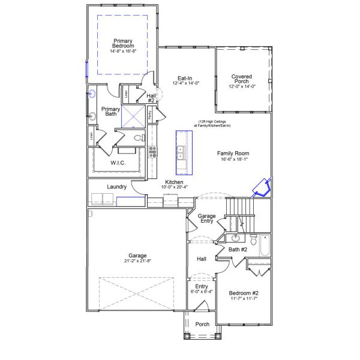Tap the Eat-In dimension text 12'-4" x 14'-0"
pos(184,83)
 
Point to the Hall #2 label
pos(151,98)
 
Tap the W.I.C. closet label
pos(117,163)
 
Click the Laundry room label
pos(116,187)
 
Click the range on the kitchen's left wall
pos(152,151)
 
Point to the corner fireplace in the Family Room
pos(262,188)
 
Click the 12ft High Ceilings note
pos(212,123)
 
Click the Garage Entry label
pos(207,218)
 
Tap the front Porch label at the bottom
pos(202,324)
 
